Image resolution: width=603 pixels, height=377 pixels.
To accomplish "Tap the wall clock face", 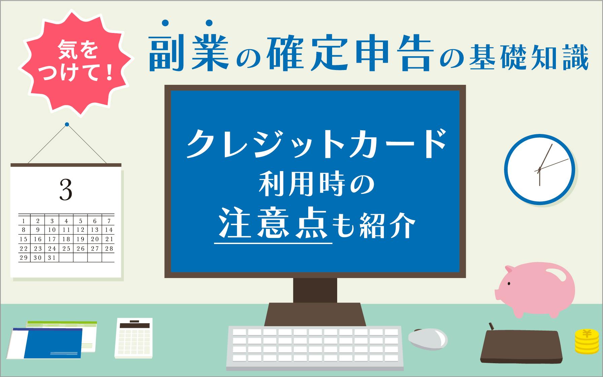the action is point(539,170).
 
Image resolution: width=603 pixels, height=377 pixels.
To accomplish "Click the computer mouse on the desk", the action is point(428,338).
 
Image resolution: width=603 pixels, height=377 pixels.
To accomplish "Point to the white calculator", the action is point(134,338).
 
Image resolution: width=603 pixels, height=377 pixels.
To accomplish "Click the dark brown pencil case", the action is point(521,345).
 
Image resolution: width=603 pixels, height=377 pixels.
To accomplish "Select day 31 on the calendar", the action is point(52,258).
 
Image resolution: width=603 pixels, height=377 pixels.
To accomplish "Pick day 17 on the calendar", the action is point(52,239).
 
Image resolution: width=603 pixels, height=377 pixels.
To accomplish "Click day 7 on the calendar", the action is point(109,221).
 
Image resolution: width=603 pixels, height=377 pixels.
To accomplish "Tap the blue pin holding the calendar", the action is point(67,125).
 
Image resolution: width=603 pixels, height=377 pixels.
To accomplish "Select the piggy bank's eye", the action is point(508,283).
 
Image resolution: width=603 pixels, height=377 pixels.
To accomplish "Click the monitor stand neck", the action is point(315,290).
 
